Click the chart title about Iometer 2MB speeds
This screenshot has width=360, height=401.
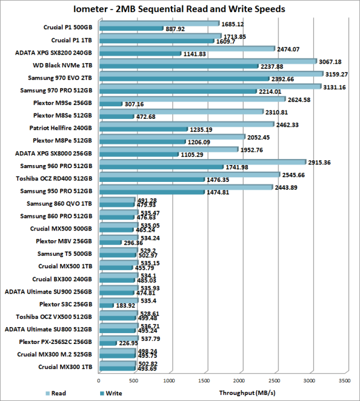(179, 9)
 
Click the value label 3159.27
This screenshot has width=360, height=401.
(338, 74)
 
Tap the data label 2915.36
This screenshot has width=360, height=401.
(322, 162)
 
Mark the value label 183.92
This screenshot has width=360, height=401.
(127, 305)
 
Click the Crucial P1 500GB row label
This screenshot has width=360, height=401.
(68, 26)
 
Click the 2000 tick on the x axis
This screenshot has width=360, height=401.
(240, 381)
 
